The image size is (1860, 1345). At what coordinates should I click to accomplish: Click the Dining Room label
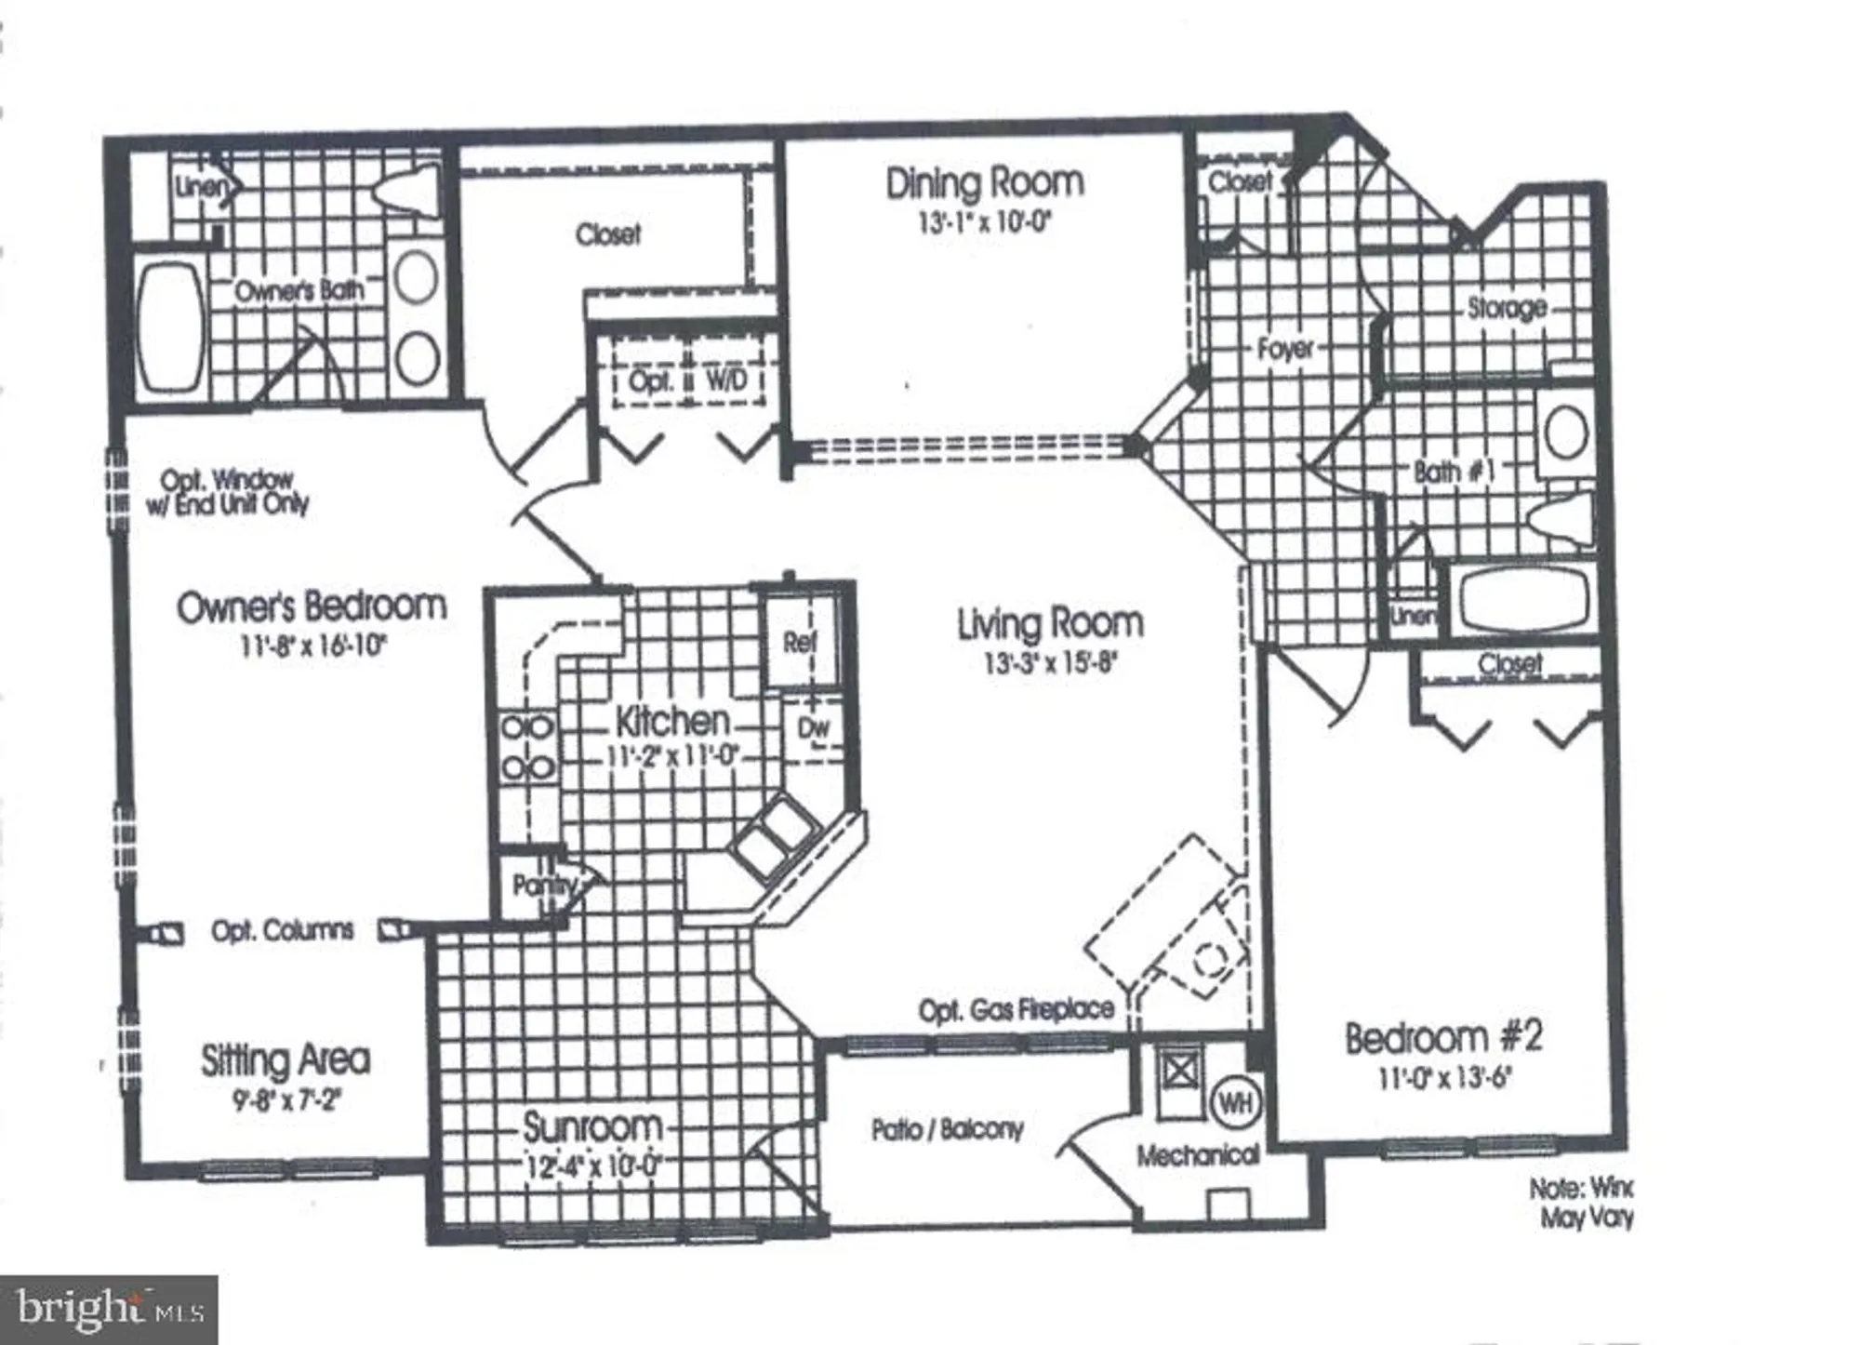(984, 183)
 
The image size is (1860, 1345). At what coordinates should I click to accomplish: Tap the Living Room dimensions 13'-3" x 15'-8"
(1050, 664)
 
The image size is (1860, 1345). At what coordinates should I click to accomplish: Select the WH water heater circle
(1235, 1104)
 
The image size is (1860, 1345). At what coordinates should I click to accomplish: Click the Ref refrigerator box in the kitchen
(800, 642)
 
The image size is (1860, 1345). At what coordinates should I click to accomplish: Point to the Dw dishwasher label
(814, 728)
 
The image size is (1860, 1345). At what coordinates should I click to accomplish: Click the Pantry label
(542, 885)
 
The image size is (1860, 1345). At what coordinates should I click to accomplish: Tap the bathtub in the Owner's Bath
(171, 326)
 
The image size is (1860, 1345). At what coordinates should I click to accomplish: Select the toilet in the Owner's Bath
(406, 191)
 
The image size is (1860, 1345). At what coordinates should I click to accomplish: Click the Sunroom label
(591, 1127)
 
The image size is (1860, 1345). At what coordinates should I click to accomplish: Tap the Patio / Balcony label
(947, 1130)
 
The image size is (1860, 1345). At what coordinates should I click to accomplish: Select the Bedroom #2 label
(1443, 1037)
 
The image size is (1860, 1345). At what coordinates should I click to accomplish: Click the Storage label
(1507, 308)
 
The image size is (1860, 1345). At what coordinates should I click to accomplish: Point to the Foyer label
(1285, 350)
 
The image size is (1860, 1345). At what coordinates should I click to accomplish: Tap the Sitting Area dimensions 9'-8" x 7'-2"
(287, 1101)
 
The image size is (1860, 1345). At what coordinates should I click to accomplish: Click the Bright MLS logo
(109, 1310)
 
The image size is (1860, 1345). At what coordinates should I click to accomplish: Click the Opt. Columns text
(282, 931)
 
